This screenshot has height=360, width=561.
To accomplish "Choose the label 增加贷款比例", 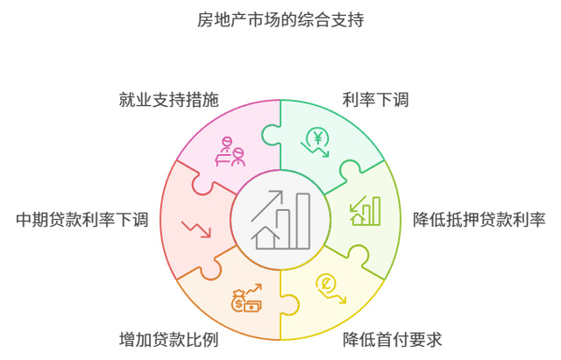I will click(168, 339).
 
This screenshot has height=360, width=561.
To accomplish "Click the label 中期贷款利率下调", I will click(82, 219).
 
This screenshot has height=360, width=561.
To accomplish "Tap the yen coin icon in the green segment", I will click(316, 140).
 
